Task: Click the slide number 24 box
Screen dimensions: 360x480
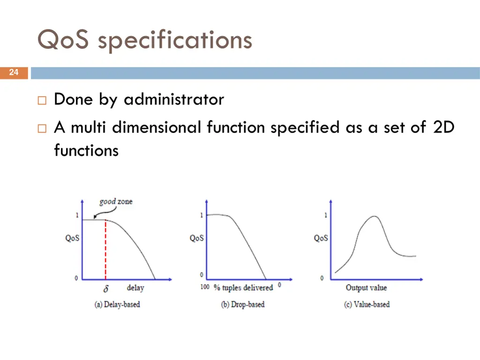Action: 14,73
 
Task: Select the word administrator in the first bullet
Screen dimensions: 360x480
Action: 174,99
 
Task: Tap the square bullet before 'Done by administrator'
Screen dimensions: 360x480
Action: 41,100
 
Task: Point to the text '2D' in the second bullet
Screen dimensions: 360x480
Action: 443,127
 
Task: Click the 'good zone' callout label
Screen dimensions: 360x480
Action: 116,202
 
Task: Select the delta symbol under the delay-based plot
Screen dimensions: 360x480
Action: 105,289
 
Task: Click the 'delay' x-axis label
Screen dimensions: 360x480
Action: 135,288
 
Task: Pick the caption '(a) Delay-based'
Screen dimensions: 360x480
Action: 117,304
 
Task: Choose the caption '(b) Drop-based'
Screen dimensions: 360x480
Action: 243,304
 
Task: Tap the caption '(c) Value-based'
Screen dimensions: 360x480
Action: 367,304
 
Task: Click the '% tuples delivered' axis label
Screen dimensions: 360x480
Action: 243,287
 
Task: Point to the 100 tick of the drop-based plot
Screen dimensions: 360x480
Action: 205,287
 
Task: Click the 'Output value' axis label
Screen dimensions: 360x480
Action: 366,287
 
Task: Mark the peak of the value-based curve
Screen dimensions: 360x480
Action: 374,217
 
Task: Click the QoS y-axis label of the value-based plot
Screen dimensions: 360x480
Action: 321,238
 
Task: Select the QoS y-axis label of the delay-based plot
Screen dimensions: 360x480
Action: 72,238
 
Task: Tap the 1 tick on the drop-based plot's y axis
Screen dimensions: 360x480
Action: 202,215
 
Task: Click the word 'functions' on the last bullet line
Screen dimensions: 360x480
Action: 86,150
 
